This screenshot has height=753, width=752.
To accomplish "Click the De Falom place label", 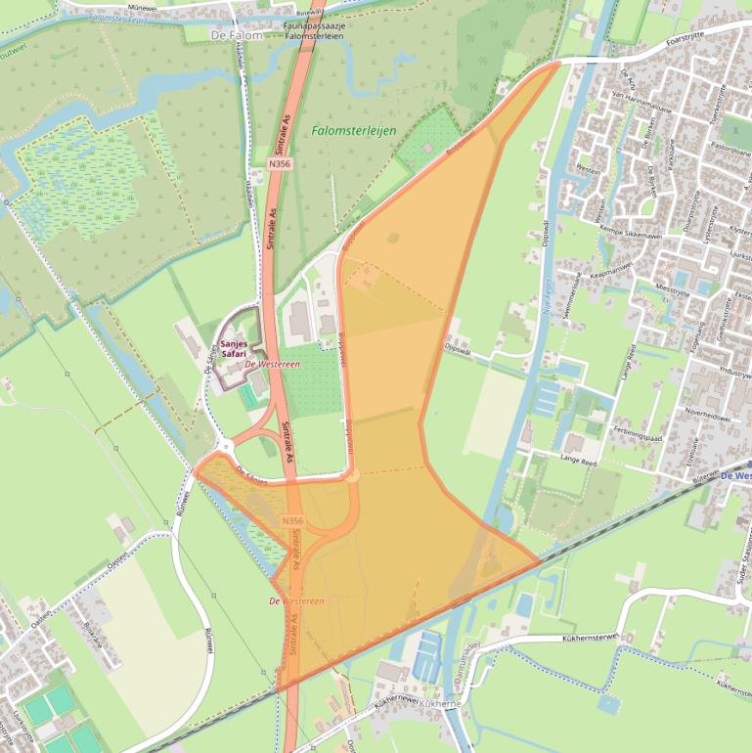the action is click(x=237, y=34).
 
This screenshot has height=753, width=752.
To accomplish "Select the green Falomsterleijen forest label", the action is click(x=348, y=129).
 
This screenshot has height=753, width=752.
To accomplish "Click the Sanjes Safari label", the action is click(x=233, y=350).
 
